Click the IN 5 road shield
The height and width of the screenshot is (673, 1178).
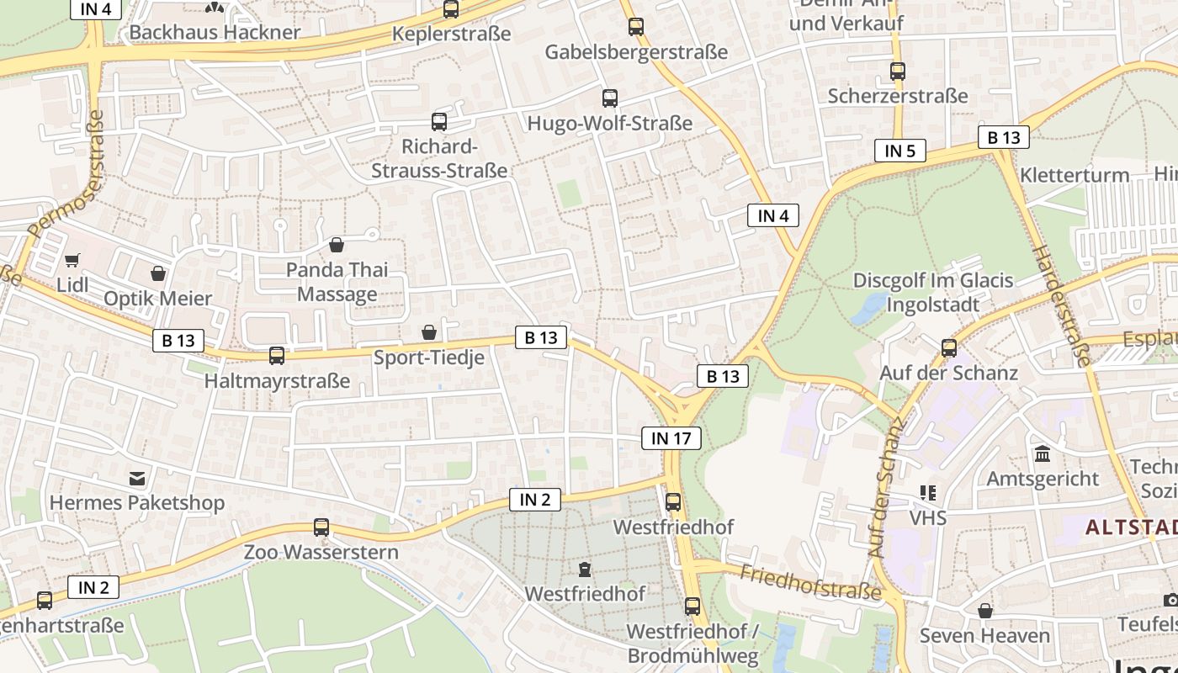tap(899, 151)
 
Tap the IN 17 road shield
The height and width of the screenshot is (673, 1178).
tap(671, 437)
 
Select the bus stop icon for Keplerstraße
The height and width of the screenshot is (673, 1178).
tap(451, 9)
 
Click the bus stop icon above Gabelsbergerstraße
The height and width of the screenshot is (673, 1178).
tap(636, 27)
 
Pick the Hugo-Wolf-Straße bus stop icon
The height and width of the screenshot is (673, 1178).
tap(610, 98)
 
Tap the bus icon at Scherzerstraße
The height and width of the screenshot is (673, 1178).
tap(898, 72)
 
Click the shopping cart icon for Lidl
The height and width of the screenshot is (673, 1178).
tap(72, 260)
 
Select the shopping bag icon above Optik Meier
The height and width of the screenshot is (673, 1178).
tap(158, 273)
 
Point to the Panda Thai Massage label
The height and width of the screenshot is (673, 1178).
tap(337, 282)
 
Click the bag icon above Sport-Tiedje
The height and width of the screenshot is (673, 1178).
tap(429, 332)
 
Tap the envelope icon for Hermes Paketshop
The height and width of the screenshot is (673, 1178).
tap(137, 479)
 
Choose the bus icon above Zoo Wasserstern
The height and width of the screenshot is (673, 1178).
tap(321, 527)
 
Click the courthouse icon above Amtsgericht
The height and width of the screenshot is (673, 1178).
tap(1043, 454)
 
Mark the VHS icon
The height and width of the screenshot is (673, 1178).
tap(928, 493)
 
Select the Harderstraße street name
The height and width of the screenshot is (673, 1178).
tap(1060, 306)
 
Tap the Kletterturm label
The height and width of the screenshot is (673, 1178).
tap(1075, 175)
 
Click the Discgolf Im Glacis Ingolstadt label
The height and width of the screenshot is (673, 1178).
tap(933, 291)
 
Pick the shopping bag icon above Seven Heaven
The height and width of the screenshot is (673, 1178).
tap(985, 611)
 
